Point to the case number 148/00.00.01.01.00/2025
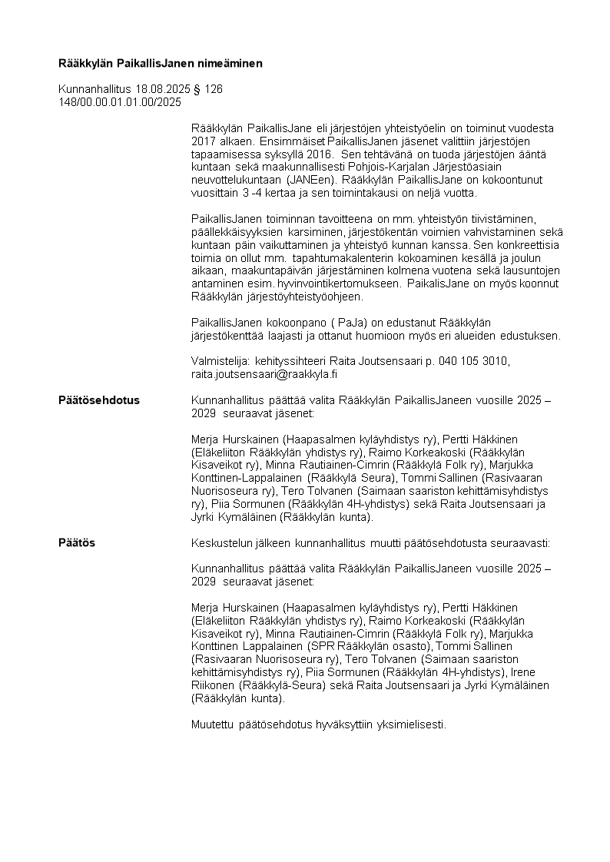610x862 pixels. click(x=120, y=101)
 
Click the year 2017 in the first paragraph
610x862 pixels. click(x=203, y=141)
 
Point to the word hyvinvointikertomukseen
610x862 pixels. click(x=335, y=283)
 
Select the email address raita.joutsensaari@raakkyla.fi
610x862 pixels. click(x=264, y=374)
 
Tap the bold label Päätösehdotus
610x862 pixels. click(x=99, y=400)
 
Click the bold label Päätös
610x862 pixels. click(x=77, y=543)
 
